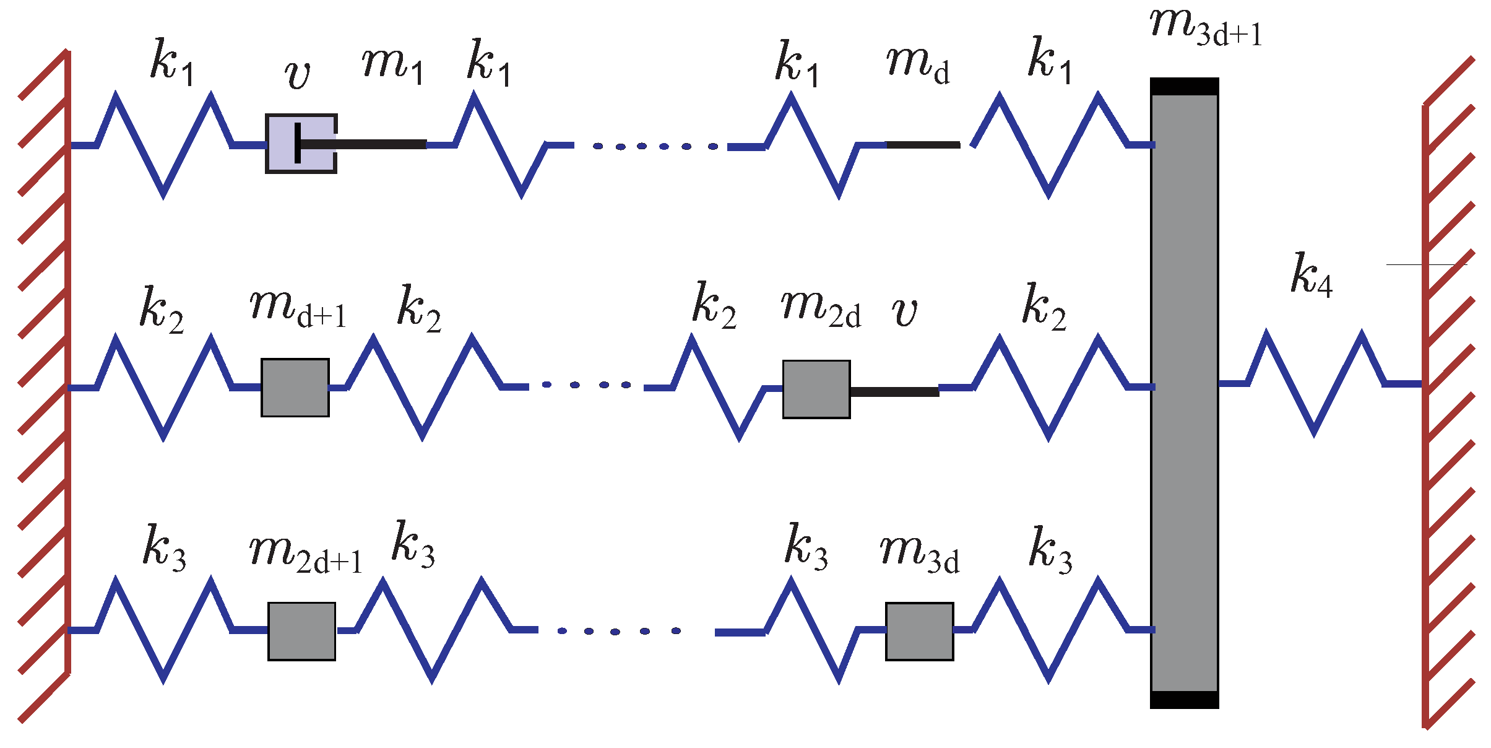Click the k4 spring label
pos(1311,275)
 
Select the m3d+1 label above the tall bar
pos(1204,28)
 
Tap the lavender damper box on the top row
pos(301,144)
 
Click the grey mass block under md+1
pos(295,388)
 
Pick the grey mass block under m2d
pos(816,389)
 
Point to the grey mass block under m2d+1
pos(302,632)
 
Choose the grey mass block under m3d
pos(919,632)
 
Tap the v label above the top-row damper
pos(297,76)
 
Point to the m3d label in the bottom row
pos(919,553)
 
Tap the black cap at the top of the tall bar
pos(1184,87)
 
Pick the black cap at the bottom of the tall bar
pos(1184,700)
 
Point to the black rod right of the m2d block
pos(894,392)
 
